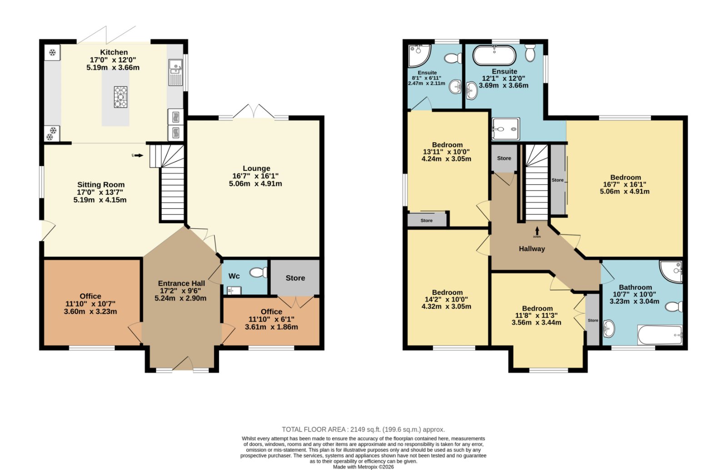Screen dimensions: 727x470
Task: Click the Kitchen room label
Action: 114,52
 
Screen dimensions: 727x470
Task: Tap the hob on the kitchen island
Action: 120,97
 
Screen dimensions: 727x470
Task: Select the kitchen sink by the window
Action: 175,72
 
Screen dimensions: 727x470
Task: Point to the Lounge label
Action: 256,169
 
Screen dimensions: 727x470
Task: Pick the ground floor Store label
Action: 295,278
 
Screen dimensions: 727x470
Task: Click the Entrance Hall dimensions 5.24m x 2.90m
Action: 180,299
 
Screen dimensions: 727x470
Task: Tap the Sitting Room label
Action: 100,185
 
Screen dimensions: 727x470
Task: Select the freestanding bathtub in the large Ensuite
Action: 494,55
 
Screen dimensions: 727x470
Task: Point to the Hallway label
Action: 532,249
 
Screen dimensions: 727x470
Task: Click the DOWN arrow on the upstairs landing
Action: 537,231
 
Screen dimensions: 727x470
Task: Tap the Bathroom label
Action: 635,287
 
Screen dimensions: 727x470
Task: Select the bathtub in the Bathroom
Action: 660,335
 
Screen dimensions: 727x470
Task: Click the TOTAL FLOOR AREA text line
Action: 363,430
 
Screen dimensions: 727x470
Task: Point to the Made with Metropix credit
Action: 363,467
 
